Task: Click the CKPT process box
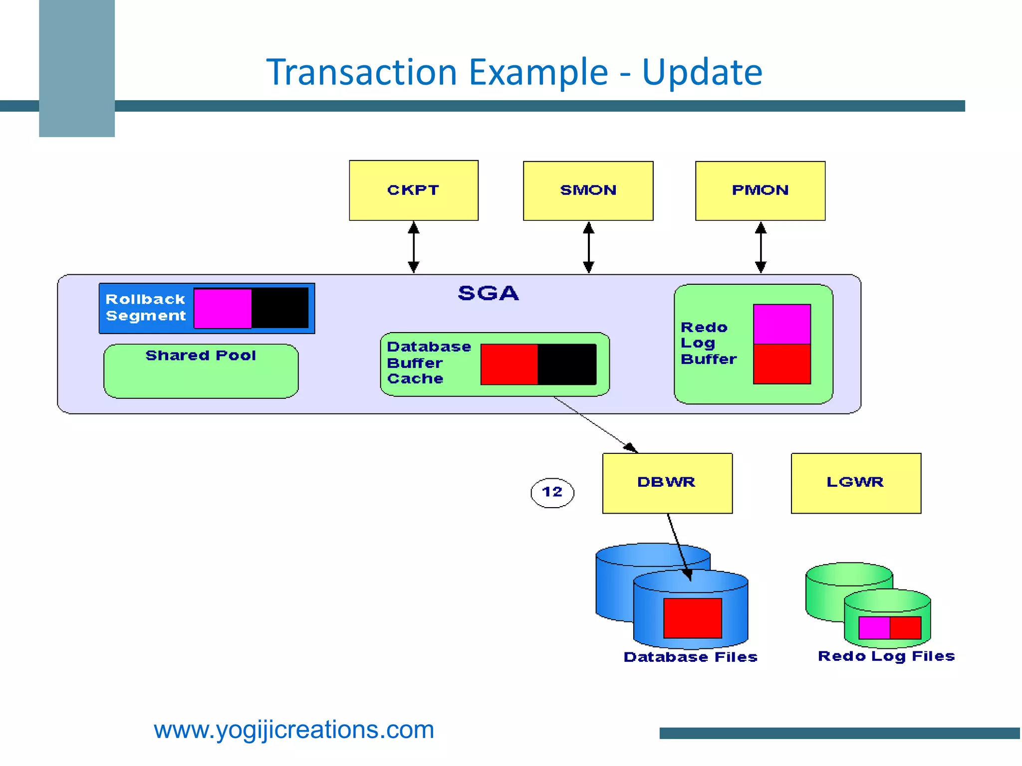pyautogui.click(x=413, y=190)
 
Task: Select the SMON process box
pyautogui.click(x=588, y=191)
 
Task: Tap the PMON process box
pyautogui.click(x=760, y=191)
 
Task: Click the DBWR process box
pyautogui.click(x=667, y=483)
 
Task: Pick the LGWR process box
pyautogui.click(x=856, y=483)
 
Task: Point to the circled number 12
pyautogui.click(x=552, y=492)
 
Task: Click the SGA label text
pyautogui.click(x=488, y=293)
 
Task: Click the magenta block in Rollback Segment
pyautogui.click(x=223, y=308)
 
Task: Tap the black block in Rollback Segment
pyautogui.click(x=280, y=308)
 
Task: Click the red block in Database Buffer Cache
pyautogui.click(x=509, y=364)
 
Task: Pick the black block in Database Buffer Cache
pyautogui.click(x=567, y=364)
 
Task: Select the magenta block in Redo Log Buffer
pyautogui.click(x=781, y=324)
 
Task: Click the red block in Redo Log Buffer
pyautogui.click(x=781, y=364)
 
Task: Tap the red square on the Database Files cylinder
pyautogui.click(x=692, y=618)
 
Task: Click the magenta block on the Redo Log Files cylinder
pyautogui.click(x=874, y=627)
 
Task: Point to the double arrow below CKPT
pyautogui.click(x=413, y=247)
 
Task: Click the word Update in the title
pyautogui.click(x=702, y=72)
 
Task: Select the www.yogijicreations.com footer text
pyautogui.click(x=293, y=730)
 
